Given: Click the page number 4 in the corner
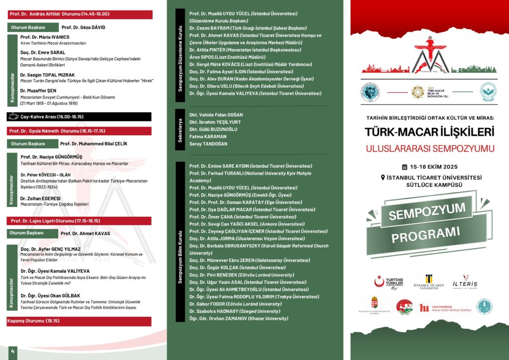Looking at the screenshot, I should point(12,352).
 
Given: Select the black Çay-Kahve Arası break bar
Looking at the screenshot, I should point(80,117).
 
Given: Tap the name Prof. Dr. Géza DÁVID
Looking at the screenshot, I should point(83,27).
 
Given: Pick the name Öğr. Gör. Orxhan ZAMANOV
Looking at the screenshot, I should point(239,318).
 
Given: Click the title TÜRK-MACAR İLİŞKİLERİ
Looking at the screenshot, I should point(429,132).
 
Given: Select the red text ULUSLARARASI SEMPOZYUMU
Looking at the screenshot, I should point(429,149).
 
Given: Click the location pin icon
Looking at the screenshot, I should point(383,178).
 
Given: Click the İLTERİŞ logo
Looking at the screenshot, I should point(465,282).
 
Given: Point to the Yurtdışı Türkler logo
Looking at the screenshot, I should point(389,282).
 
